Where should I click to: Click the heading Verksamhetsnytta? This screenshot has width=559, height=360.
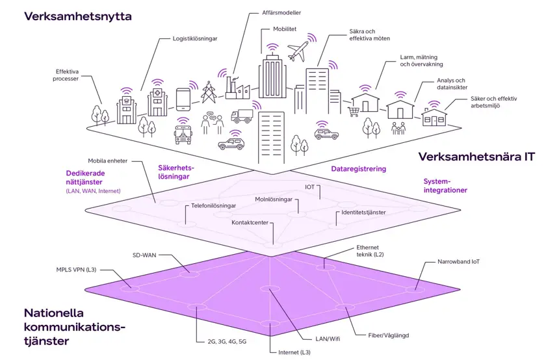[x=77, y=16]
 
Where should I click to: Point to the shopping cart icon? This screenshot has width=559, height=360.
[x=354, y=111]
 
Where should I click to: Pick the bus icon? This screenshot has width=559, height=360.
[x=184, y=134]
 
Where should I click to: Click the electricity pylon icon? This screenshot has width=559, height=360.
[x=209, y=92]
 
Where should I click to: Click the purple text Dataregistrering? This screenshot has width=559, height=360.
[x=358, y=168]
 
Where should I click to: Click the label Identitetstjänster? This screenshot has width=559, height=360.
[x=363, y=212]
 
